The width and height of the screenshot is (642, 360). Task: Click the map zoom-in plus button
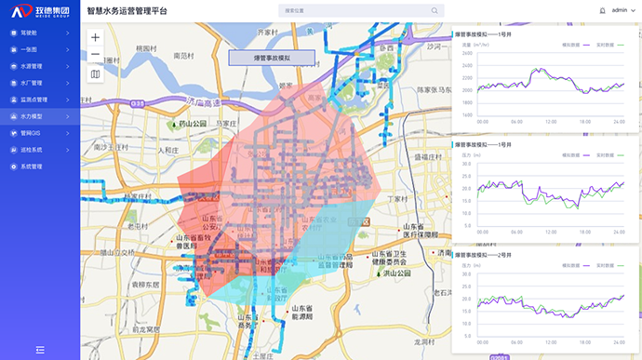(x=95, y=37)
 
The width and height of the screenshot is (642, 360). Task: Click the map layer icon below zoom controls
(x=95, y=73)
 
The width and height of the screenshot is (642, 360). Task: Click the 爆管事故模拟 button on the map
(x=273, y=57)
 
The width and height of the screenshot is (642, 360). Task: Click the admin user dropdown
(x=622, y=10)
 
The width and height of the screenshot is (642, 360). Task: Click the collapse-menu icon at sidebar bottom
(x=40, y=350)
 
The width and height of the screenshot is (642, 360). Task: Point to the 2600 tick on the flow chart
(x=466, y=52)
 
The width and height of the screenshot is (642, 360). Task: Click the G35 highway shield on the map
(x=138, y=105)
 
